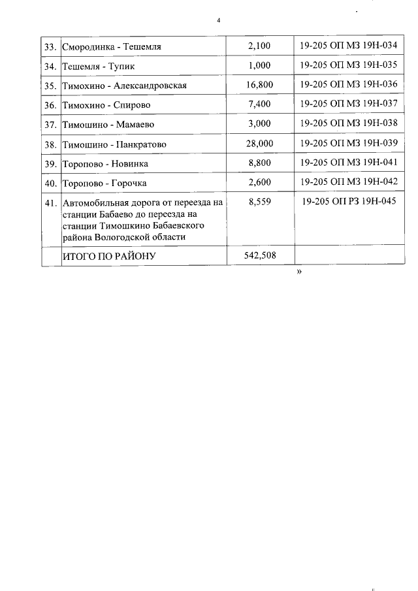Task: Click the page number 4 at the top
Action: (x=219, y=21)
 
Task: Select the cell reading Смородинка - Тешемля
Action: (x=112, y=47)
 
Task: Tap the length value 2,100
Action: (x=259, y=46)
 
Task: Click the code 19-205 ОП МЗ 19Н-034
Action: (x=349, y=46)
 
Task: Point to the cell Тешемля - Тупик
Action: (x=99, y=67)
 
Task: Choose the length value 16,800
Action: (x=259, y=85)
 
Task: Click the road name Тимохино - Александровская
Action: (x=125, y=86)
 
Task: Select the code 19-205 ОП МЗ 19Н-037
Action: (x=349, y=104)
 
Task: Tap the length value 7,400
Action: (x=259, y=104)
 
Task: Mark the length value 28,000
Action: (x=259, y=143)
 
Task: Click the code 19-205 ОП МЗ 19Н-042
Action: (x=349, y=182)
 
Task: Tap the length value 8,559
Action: (x=259, y=202)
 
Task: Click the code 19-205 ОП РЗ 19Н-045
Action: (x=350, y=202)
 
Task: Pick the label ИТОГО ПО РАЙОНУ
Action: (x=108, y=257)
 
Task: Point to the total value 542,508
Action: (x=259, y=256)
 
